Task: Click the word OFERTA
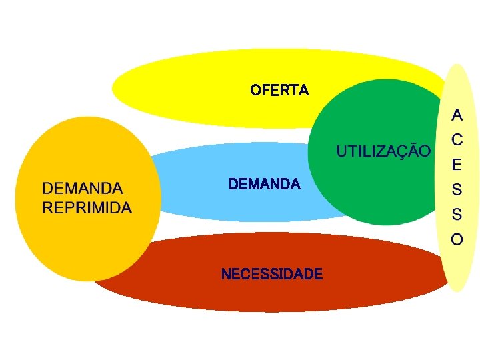pyautogui.click(x=279, y=90)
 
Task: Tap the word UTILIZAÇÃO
pyautogui.click(x=383, y=151)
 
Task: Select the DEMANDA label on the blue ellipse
pyautogui.click(x=264, y=184)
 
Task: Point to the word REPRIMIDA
pyautogui.click(x=87, y=207)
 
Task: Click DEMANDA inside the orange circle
pyautogui.click(x=83, y=189)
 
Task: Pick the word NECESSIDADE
pyautogui.click(x=271, y=274)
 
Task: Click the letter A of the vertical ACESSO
pyautogui.click(x=457, y=115)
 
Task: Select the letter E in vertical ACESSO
pyautogui.click(x=457, y=164)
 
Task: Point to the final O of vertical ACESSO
pyautogui.click(x=457, y=239)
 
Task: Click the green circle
pyautogui.click(x=373, y=193)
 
